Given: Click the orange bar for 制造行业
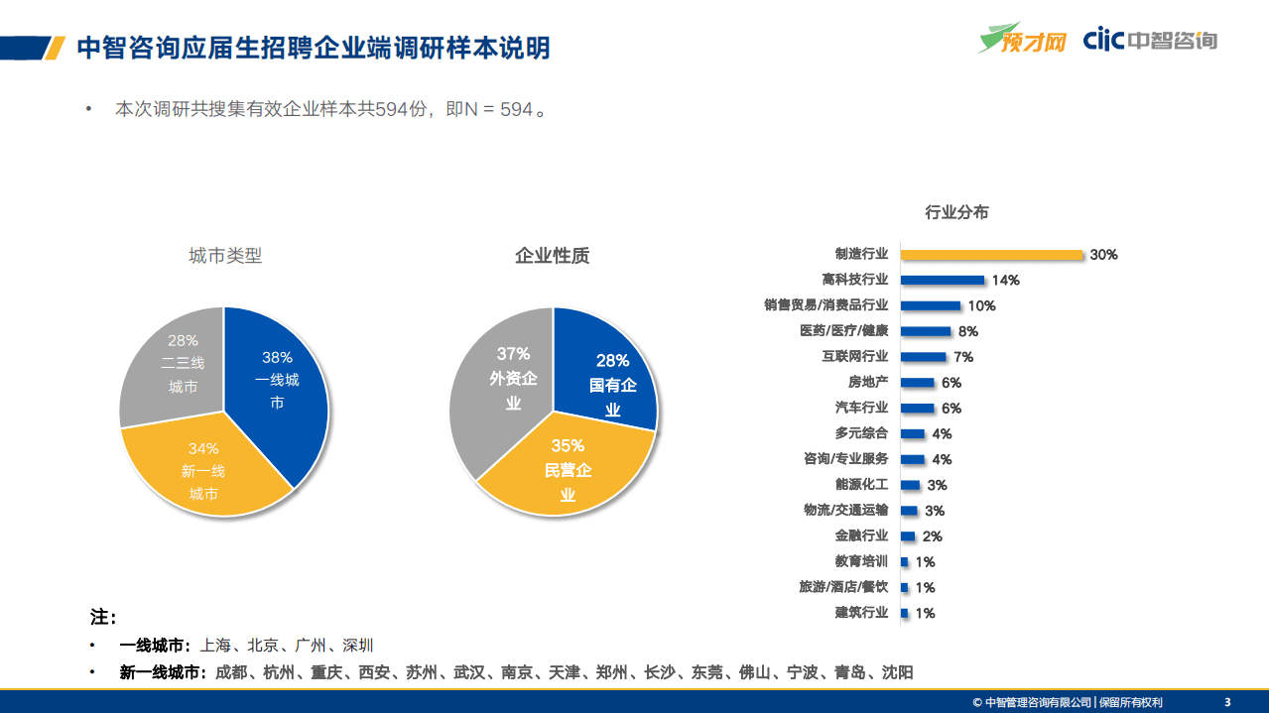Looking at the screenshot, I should coord(991,255).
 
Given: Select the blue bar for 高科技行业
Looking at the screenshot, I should coord(943,281).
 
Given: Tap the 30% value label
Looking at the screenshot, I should coord(1103,255).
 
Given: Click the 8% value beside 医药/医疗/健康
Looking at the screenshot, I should coord(967,332).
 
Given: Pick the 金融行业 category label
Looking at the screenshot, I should coord(861,536).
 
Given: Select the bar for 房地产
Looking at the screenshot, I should coord(918,383).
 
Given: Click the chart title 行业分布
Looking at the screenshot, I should coord(956,212).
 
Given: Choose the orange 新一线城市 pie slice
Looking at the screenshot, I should coord(208,471).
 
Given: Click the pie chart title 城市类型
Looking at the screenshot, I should coord(225,256).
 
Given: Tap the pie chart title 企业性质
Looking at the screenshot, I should coord(552,256).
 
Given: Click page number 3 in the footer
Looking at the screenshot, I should coord(1227,702).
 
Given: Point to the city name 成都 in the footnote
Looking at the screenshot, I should coord(230,672).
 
